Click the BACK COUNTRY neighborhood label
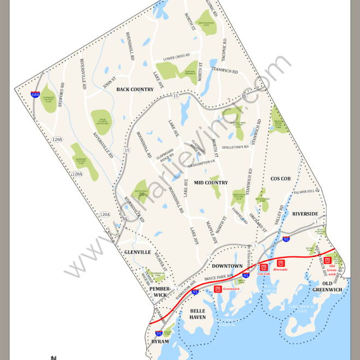(135, 89)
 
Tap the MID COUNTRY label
(211, 183)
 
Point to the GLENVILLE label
(137, 253)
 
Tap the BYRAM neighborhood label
(160, 341)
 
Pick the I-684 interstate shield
(35, 95)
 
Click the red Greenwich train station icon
(217, 290)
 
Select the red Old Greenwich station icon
(328, 261)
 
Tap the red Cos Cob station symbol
(265, 267)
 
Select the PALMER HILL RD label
(306, 191)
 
